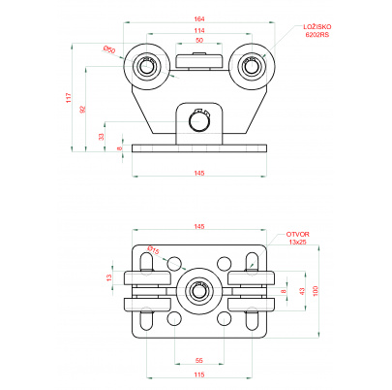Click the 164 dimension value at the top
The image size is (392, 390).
pyautogui.click(x=199, y=19)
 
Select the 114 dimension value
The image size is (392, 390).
pyautogui.click(x=199, y=31)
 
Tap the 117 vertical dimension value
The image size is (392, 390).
pyautogui.click(x=69, y=98)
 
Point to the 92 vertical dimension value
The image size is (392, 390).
pyautogui.click(x=83, y=110)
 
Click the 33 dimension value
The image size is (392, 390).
pyautogui.click(x=102, y=137)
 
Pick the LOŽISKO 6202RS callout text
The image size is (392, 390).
pyautogui.click(x=317, y=31)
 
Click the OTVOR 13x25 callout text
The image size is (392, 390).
pyautogui.click(x=297, y=238)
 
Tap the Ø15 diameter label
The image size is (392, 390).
pyautogui.click(x=154, y=250)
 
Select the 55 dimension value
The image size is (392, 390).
pyautogui.click(x=199, y=360)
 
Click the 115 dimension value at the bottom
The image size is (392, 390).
pyautogui.click(x=199, y=374)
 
